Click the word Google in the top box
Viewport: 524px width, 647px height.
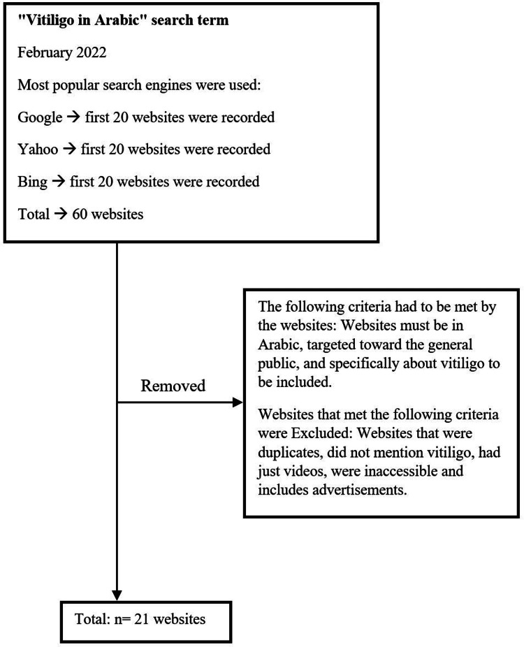pos(40,117)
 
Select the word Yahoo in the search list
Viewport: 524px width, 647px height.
pos(38,150)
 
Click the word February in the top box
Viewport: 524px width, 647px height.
pos(43,52)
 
